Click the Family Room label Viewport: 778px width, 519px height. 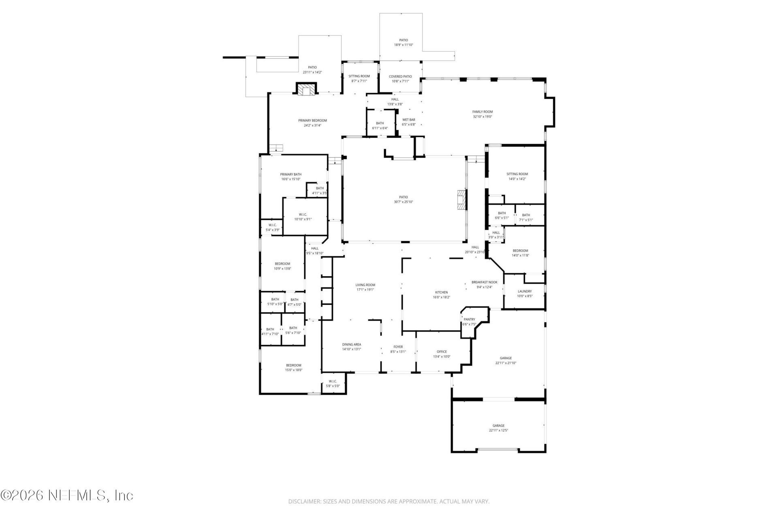coord(482,112)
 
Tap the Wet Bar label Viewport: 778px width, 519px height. coord(408,120)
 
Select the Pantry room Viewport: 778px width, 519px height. coord(469,322)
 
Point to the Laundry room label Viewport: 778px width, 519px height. coord(524,292)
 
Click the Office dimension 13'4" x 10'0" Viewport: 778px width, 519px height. coord(441,357)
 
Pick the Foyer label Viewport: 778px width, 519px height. coord(398,347)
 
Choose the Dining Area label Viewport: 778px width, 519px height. coord(351,345)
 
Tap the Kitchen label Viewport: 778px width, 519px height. coord(441,292)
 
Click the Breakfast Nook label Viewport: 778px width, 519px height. coord(484,282)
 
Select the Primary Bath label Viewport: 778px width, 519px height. coord(291,174)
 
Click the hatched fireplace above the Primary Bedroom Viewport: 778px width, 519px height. coord(306,90)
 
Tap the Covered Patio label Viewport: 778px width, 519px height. coord(400,77)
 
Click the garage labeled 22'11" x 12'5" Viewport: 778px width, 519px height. coord(498,428)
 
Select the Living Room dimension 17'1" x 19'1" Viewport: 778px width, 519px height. coord(365,290)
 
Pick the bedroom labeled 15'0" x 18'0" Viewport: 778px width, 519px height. coord(293,367)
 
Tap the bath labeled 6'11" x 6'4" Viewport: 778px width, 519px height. coord(380,126)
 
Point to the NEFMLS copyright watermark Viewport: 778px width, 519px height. coord(67,495)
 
